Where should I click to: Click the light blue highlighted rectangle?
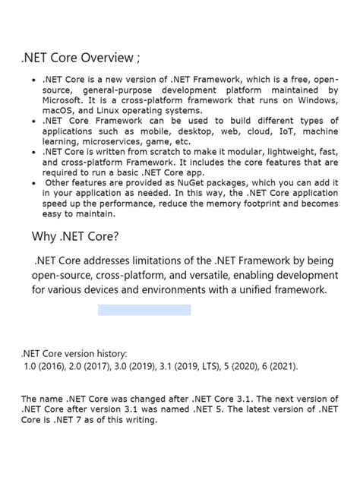point(144,310)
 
